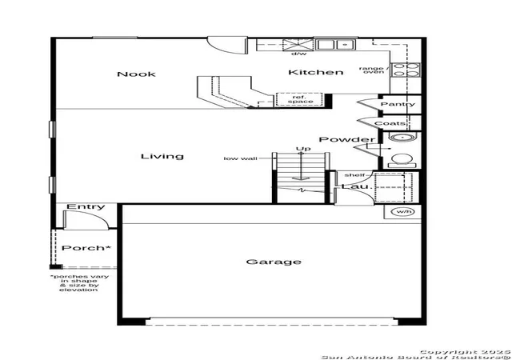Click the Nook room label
pos(136,74)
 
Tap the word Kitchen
pos(316,72)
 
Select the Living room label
pos(162,156)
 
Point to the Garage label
pos(274,262)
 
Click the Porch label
pos(86,248)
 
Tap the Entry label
pos(86,206)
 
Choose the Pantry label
pos(398,104)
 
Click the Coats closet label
pos(390,123)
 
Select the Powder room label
pos(347,139)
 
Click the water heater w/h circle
pos(403,212)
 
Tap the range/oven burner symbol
pos(406,70)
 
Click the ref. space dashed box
pos(299,99)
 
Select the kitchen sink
pos(335,45)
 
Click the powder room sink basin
pos(402,138)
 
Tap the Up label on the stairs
pos(303,149)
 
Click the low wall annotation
pos(240,158)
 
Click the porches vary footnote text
pos(79,283)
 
